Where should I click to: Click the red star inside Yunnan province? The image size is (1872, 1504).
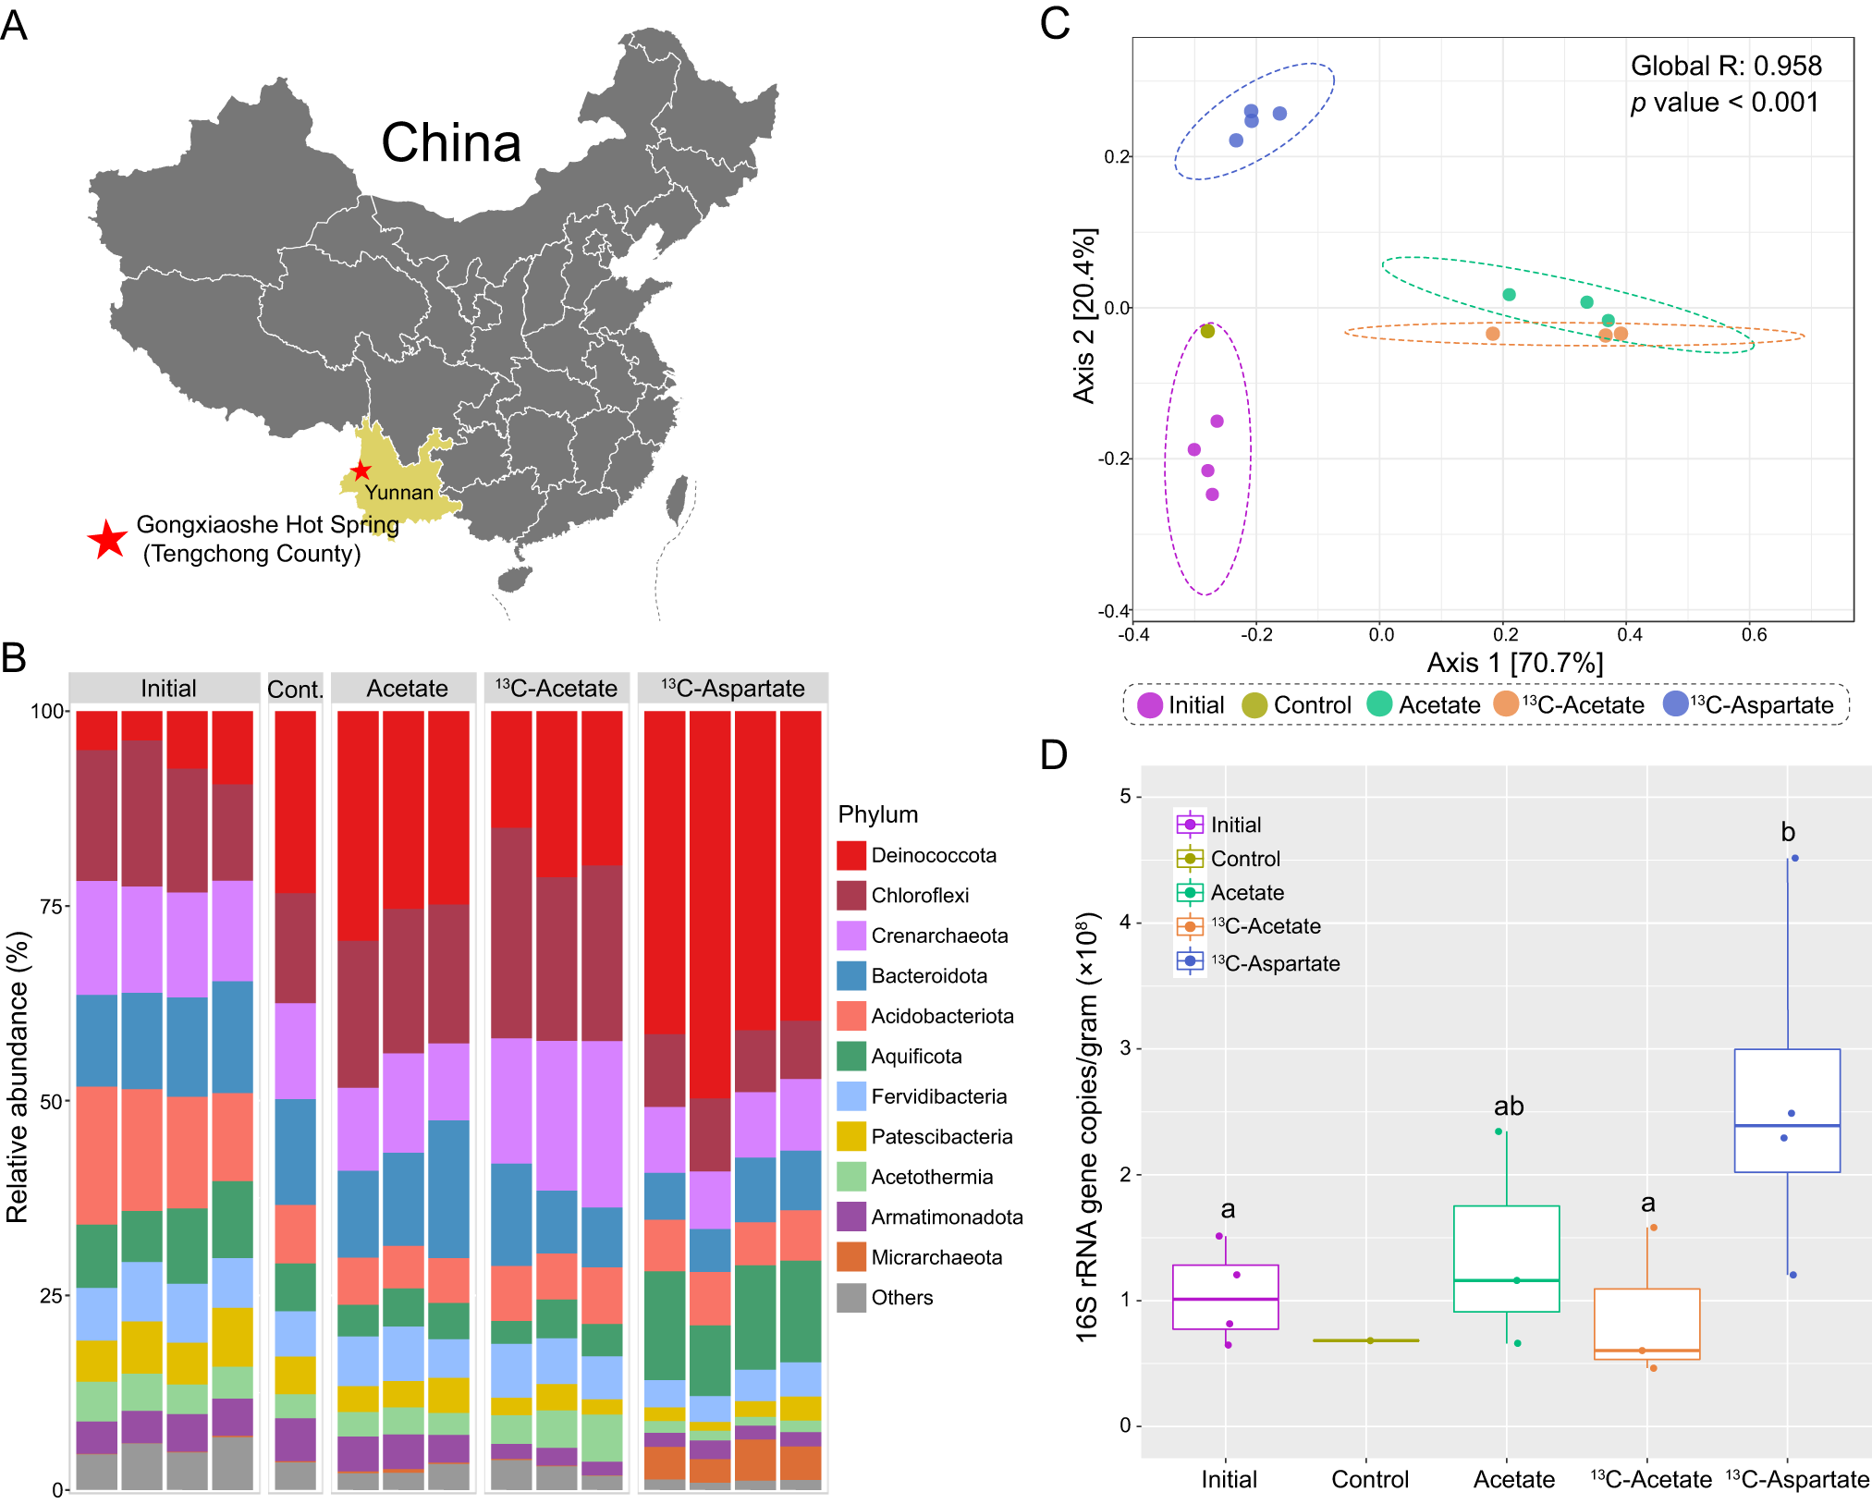click(361, 471)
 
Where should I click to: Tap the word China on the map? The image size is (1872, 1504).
click(451, 143)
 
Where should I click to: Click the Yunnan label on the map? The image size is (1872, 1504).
click(398, 493)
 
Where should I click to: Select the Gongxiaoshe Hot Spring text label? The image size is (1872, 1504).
click(267, 525)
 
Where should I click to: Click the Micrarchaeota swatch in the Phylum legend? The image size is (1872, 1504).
click(850, 1257)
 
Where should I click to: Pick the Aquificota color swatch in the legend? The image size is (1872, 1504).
click(850, 1056)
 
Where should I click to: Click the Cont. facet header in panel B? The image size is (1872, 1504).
click(295, 689)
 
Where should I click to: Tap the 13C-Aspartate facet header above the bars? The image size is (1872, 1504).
click(732, 689)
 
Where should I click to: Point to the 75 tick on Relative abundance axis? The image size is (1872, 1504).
click(50, 907)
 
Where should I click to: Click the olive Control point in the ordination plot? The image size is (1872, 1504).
click(1207, 331)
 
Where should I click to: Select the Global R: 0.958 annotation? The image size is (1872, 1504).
click(1726, 66)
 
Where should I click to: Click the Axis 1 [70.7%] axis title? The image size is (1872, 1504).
click(1514, 663)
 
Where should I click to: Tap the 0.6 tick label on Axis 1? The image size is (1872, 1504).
click(1754, 635)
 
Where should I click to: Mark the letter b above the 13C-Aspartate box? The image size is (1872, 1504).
click(1788, 832)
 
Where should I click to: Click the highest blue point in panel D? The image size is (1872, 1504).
click(1795, 858)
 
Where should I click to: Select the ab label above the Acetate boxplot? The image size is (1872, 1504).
click(1509, 1106)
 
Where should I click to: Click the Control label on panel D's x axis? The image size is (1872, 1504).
click(1370, 1479)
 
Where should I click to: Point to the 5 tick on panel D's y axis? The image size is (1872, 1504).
click(1125, 796)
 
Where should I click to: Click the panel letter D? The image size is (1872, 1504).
click(1053, 754)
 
